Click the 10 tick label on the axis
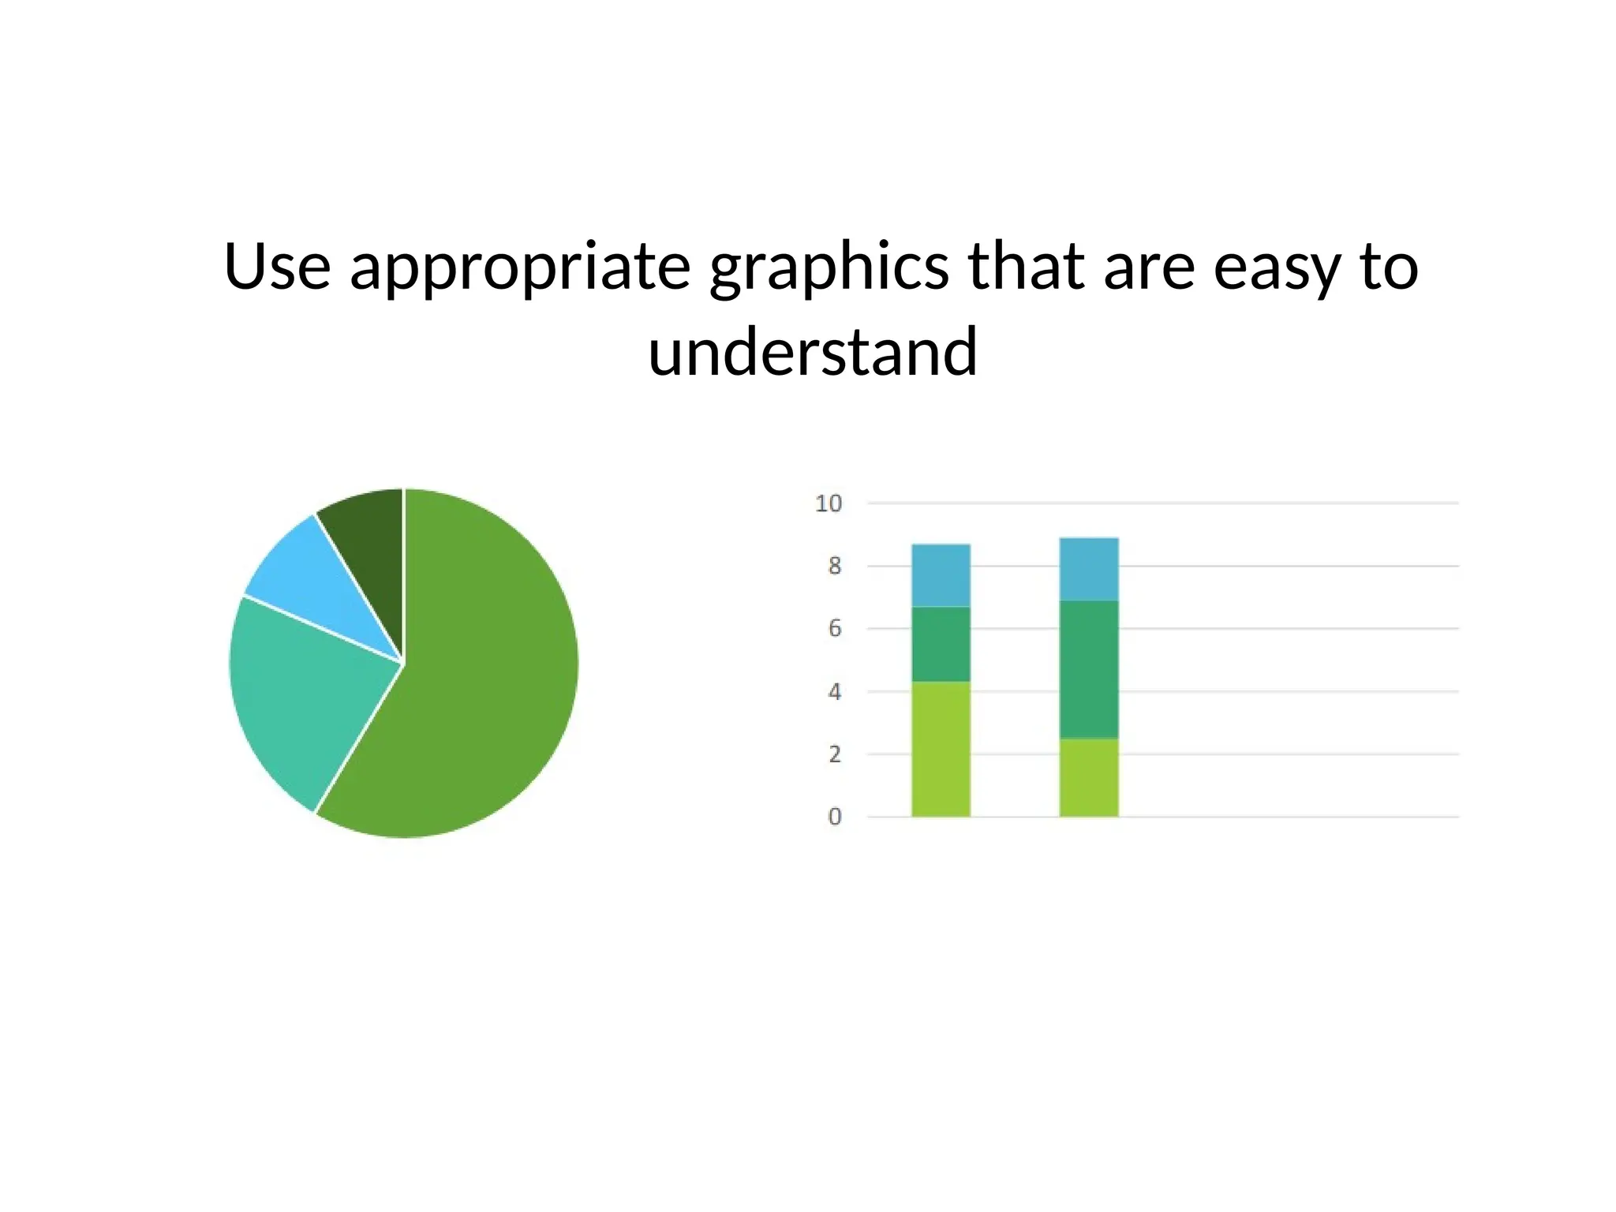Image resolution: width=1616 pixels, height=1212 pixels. pyautogui.click(x=829, y=503)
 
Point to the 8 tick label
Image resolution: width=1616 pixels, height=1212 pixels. pyautogui.click(x=835, y=566)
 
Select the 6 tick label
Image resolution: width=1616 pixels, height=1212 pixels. pyautogui.click(x=835, y=629)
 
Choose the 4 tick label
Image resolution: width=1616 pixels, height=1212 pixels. pyautogui.click(x=835, y=692)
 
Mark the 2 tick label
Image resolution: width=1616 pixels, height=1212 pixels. pyautogui.click(x=835, y=754)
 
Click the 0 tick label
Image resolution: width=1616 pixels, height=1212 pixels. pyautogui.click(x=835, y=817)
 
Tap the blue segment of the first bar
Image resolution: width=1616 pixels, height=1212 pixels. pyautogui.click(x=941, y=575)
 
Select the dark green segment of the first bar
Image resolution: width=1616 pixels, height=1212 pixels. pyautogui.click(x=941, y=644)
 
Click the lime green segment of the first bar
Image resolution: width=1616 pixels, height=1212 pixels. pyautogui.click(x=941, y=749)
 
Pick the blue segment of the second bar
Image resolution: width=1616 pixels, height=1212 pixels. pyautogui.click(x=1089, y=569)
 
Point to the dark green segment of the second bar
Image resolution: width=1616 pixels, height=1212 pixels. pyautogui.click(x=1089, y=669)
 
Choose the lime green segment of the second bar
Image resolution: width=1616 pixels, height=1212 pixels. pyautogui.click(x=1089, y=777)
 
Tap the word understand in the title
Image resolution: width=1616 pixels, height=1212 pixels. pyautogui.click(x=813, y=352)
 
